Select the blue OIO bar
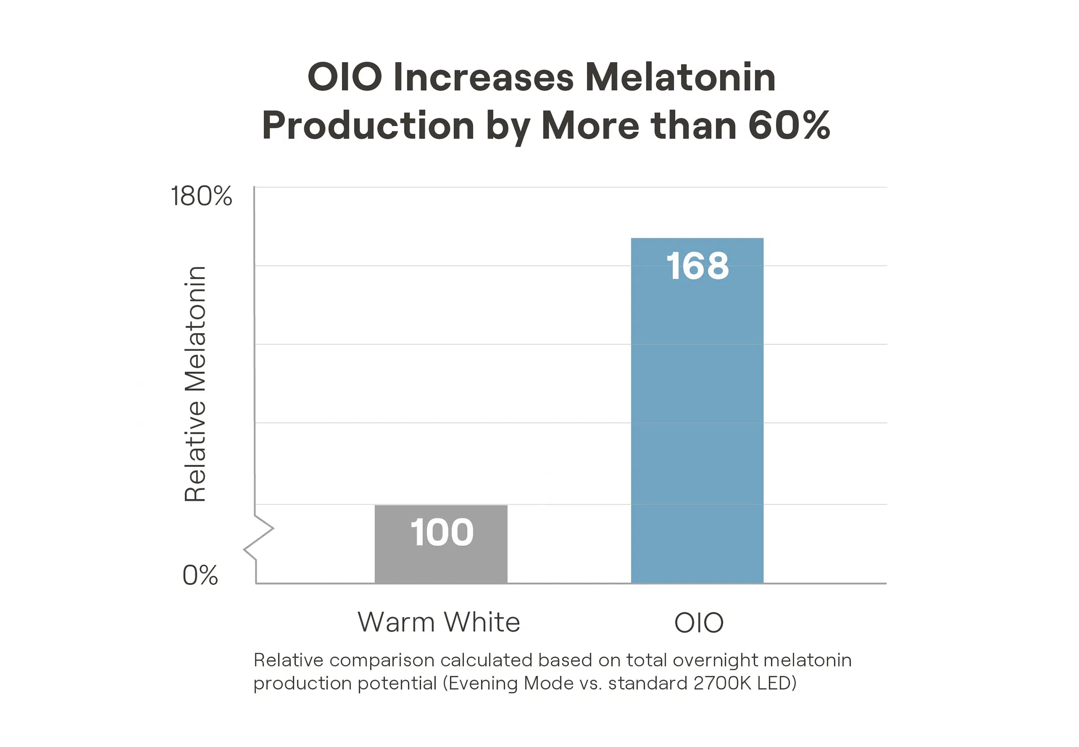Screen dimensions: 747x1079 pyautogui.click(x=697, y=421)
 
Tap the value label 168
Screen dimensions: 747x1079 pyautogui.click(x=697, y=266)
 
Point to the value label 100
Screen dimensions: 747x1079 pyautogui.click(x=442, y=532)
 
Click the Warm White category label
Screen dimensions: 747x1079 pyautogui.click(x=439, y=622)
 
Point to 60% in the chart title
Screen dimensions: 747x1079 pyautogui.click(x=789, y=126)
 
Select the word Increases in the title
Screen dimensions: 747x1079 pyautogui.click(x=483, y=77)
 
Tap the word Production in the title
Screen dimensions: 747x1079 pyautogui.click(x=368, y=126)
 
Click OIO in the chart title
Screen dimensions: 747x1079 pyautogui.click(x=344, y=77)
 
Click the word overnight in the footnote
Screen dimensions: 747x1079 pyautogui.click(x=715, y=660)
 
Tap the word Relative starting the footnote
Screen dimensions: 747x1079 pyautogui.click(x=288, y=660)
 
